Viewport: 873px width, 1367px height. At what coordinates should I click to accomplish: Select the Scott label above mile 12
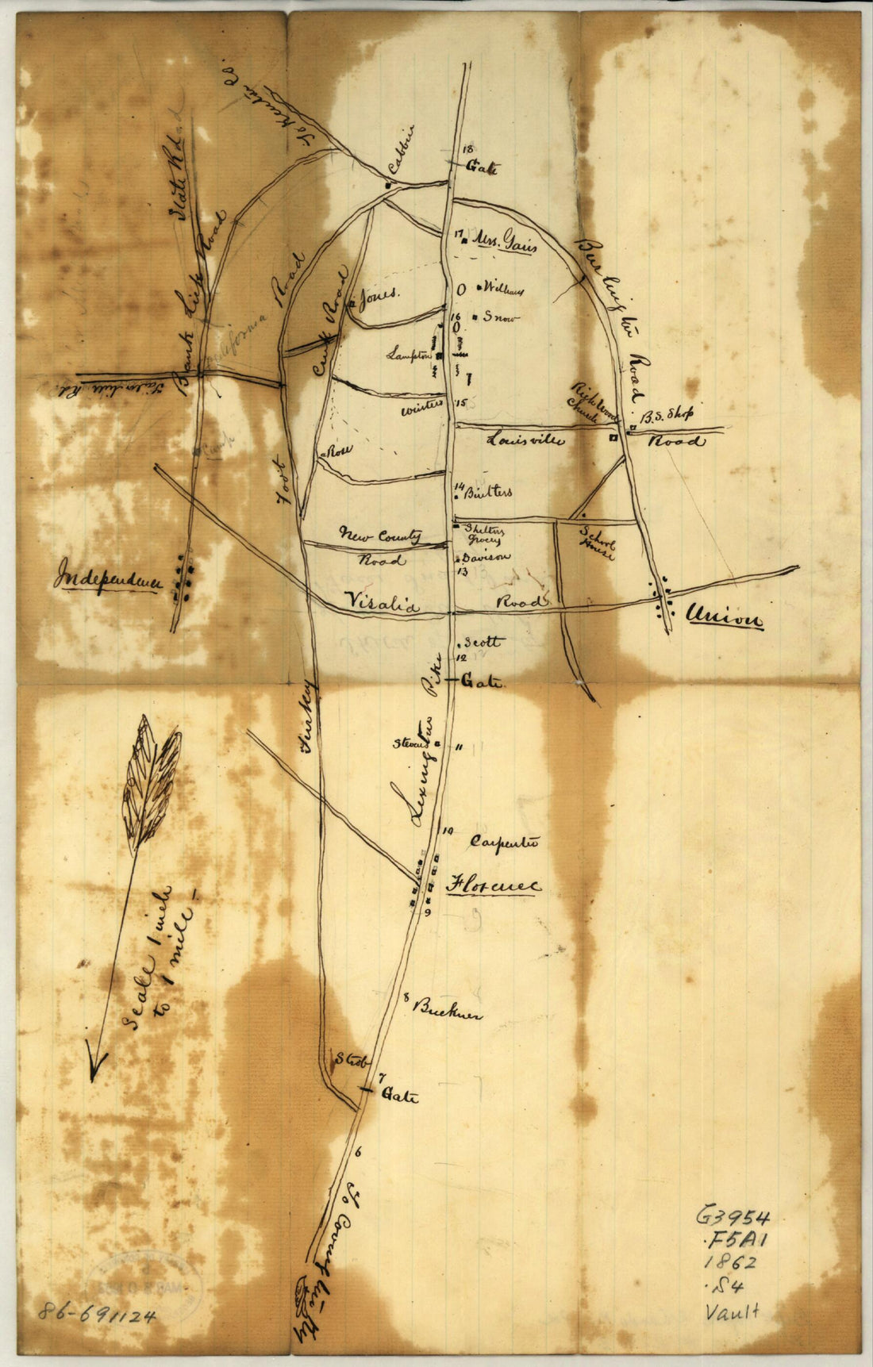[x=482, y=641]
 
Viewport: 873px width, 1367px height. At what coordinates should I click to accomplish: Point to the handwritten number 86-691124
[x=96, y=1312]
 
